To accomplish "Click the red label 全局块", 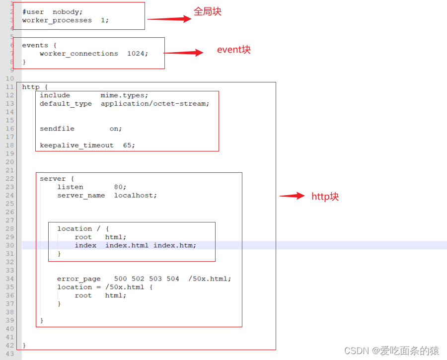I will click(x=208, y=11).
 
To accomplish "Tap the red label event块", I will click(x=234, y=50).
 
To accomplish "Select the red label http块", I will click(x=325, y=197).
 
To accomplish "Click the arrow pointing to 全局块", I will click(x=169, y=19).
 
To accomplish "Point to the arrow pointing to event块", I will click(x=183, y=53).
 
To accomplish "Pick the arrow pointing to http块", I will click(x=292, y=196).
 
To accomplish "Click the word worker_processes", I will click(x=57, y=20).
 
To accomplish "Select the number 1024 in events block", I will click(x=137, y=54).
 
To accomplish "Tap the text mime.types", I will click(x=124, y=95).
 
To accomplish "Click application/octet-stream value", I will click(x=154, y=104).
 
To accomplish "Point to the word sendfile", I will click(x=57, y=129).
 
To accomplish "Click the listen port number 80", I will click(x=120, y=187).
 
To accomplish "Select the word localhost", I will click(x=135, y=196).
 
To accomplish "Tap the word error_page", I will click(x=78, y=279).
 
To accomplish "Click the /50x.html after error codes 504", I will click(x=209, y=279).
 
